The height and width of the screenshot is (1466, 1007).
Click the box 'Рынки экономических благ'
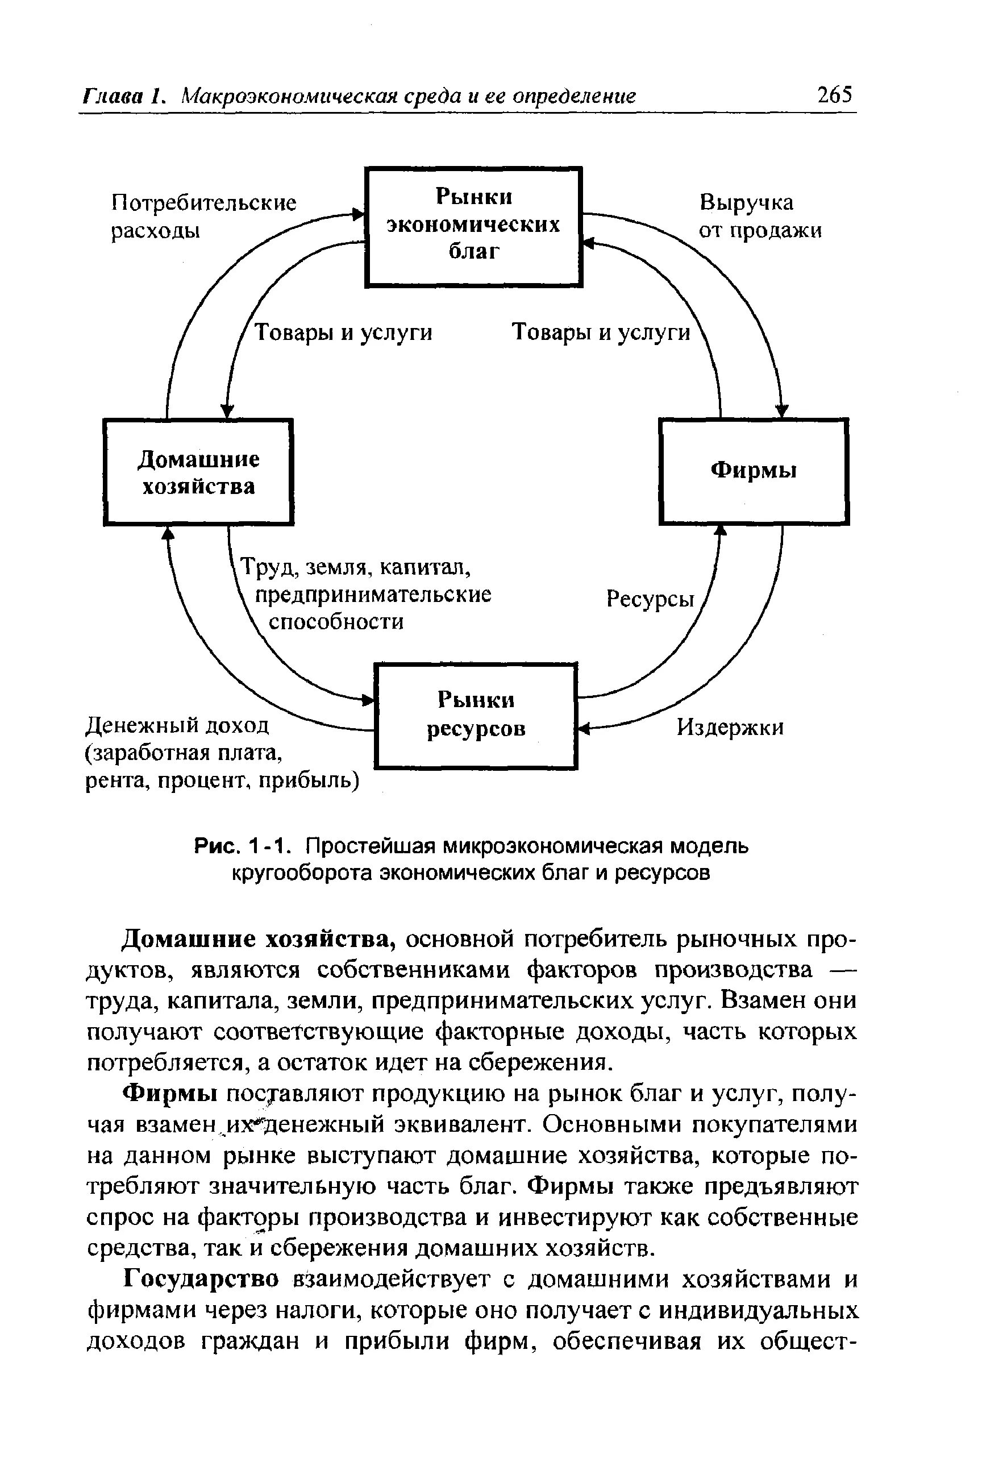473,226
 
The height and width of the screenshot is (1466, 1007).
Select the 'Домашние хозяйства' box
198,471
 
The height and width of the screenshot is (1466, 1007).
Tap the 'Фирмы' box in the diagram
754,471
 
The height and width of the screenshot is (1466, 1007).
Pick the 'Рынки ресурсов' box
476,715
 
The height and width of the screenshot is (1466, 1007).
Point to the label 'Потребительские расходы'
203,217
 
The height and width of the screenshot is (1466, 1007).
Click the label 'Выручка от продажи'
760,217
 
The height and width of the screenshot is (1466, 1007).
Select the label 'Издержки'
730,728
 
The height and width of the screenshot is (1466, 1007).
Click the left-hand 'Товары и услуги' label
343,333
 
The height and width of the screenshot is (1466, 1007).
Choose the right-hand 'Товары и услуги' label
601,333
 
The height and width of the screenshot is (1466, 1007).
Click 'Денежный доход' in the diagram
177,725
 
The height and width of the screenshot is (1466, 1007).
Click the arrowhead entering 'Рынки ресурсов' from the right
584,729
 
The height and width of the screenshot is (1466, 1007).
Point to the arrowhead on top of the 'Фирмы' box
782,412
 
